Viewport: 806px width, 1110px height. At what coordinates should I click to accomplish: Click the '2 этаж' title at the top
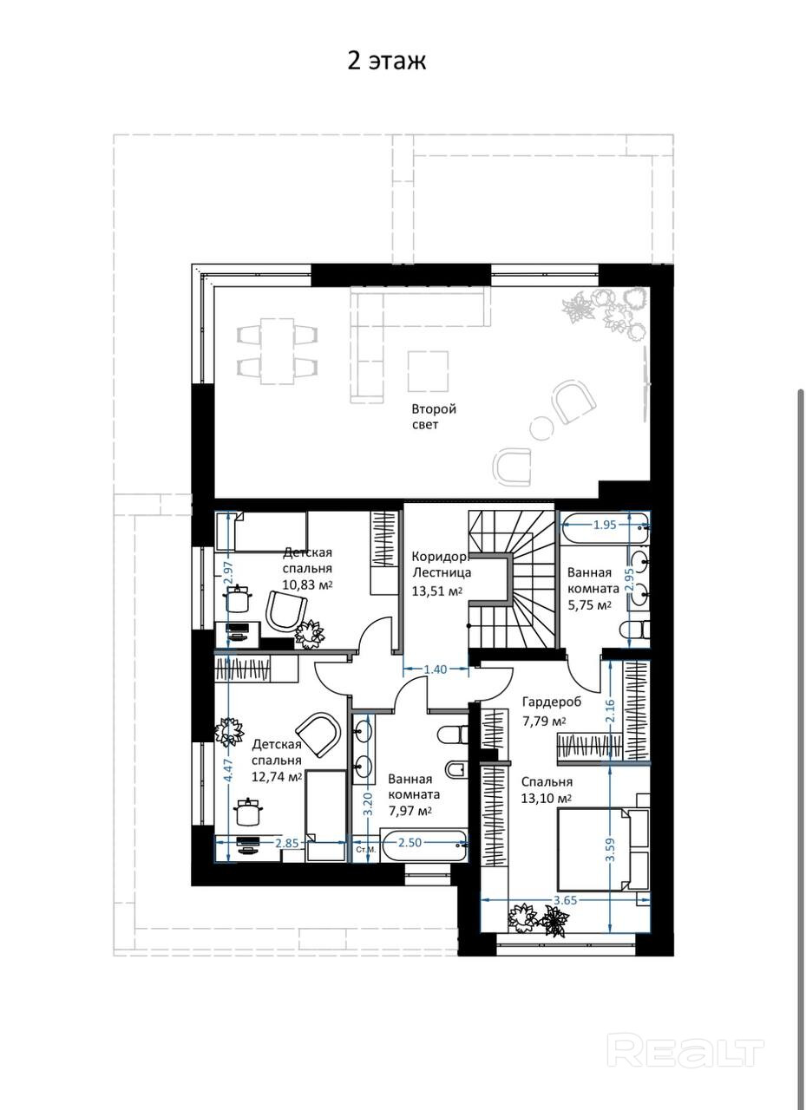coord(387,62)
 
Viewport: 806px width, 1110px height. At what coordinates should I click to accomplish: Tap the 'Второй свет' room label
coord(434,416)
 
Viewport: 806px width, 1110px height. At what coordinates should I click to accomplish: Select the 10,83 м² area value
coord(307,584)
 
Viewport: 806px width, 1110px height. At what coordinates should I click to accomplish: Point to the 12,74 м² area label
coord(277,776)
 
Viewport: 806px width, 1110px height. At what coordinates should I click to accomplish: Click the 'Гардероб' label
coord(551,702)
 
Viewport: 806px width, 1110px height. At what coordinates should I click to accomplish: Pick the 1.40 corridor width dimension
coord(436,669)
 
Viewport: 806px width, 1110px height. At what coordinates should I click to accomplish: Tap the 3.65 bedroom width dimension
coord(565,900)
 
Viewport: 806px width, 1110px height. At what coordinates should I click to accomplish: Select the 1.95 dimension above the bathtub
coord(605,525)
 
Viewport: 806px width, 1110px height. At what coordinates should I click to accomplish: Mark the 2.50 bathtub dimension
coord(410,842)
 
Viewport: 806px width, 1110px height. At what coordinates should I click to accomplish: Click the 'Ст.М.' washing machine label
coord(366,850)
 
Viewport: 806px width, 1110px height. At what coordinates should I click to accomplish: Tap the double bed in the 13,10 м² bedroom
coord(603,848)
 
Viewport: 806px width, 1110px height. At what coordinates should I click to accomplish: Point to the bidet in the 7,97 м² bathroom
coord(456,770)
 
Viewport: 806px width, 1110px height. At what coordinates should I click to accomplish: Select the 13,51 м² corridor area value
coord(436,591)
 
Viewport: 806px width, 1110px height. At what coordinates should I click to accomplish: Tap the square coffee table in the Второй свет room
coord(429,371)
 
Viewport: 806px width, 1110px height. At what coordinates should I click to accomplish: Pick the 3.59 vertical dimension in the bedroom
coord(610,849)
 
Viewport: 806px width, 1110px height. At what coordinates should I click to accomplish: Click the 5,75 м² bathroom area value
coord(589,605)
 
